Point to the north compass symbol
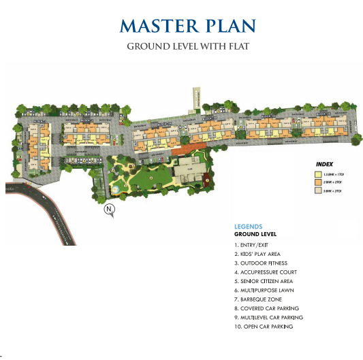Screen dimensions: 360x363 (108, 211)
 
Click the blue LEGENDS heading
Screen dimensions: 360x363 (249, 227)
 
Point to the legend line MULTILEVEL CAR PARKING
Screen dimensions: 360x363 (268, 317)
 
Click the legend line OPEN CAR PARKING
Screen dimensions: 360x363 (264, 327)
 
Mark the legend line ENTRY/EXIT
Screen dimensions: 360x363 (255, 244)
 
